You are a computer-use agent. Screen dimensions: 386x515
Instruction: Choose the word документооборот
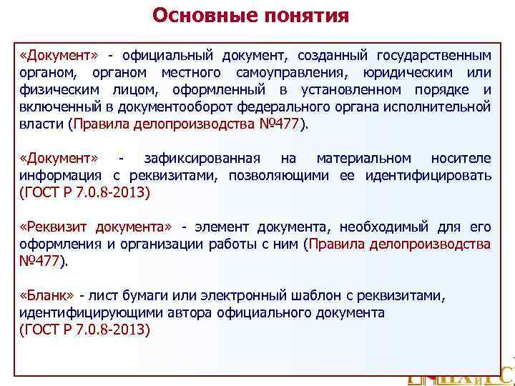pyautogui.click(x=199, y=107)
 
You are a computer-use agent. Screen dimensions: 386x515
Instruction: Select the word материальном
pyautogui.click(x=364, y=158)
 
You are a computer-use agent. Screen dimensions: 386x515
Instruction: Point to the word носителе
pyautogui.click(x=461, y=158)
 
